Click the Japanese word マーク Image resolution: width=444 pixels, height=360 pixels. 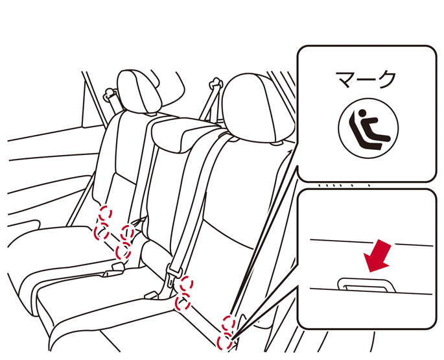(366, 80)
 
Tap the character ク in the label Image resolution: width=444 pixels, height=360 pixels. (386, 80)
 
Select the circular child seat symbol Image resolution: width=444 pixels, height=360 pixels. (368, 128)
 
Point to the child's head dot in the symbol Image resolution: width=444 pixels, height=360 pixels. (362, 114)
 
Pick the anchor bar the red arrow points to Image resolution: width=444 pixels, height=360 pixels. (366, 285)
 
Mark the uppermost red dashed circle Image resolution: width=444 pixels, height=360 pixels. (105, 213)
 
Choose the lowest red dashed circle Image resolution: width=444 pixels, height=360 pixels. (224, 341)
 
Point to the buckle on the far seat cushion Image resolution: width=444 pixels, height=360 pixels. (114, 270)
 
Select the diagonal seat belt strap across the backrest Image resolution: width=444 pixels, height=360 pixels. (195, 198)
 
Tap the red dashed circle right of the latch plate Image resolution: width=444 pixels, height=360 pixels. (187, 283)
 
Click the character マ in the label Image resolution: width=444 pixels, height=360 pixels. (346, 80)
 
